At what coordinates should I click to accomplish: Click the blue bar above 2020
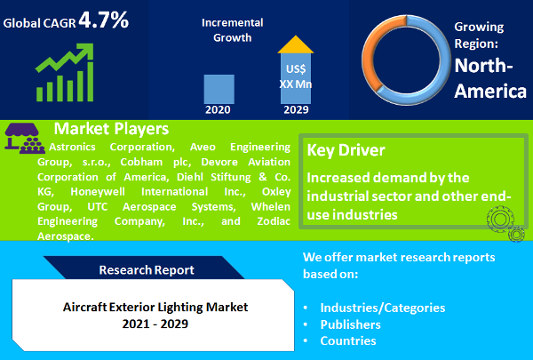tap(219, 89)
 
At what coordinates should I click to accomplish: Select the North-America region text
tap(490, 77)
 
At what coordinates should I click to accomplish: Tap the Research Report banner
tap(146, 268)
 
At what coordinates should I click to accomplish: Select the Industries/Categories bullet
tap(383, 308)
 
